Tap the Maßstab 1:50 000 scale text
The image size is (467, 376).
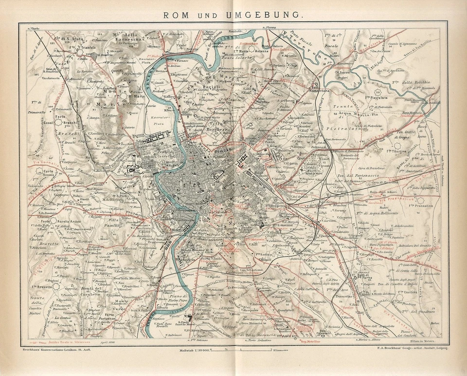(x=195, y=349)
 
